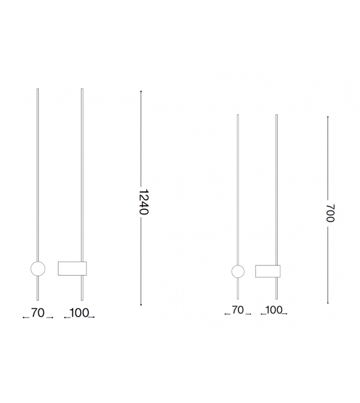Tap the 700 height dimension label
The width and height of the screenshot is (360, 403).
[x=330, y=213]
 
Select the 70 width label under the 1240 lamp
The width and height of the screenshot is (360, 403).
[x=38, y=313]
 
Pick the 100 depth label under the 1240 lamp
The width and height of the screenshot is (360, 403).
[x=80, y=313]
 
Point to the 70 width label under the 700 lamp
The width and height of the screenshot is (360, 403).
[x=237, y=309]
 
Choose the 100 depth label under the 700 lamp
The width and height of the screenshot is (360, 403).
[x=274, y=309]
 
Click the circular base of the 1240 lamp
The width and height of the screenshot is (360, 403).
[x=38, y=269]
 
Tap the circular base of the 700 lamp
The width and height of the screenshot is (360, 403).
[x=238, y=271]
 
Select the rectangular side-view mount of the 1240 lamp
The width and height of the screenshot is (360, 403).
[x=71, y=268]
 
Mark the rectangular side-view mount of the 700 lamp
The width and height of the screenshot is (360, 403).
[x=267, y=271]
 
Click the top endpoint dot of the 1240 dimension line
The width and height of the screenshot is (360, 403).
[x=141, y=92]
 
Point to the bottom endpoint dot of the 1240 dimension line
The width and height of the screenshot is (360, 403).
[x=141, y=305]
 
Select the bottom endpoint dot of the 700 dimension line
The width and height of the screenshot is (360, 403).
[x=328, y=301]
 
